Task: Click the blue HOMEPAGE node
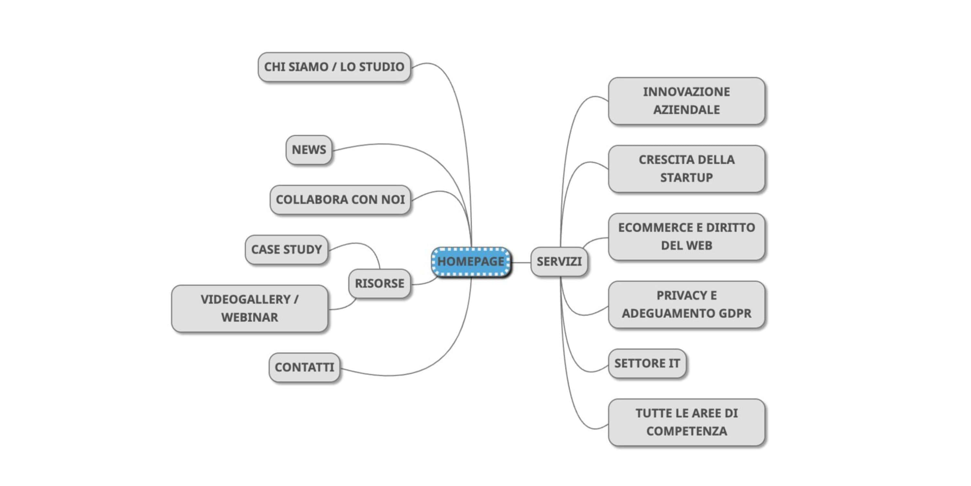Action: tap(471, 261)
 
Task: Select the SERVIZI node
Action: tap(559, 261)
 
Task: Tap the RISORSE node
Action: tap(379, 283)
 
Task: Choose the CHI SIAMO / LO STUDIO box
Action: tap(334, 67)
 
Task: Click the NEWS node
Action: tap(309, 150)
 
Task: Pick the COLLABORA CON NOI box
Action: tap(340, 200)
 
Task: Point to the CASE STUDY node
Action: tap(286, 249)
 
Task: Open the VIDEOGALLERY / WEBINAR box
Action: tap(250, 308)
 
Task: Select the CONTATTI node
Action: tap(304, 367)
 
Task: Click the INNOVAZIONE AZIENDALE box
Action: tap(686, 101)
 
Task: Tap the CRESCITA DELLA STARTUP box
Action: tap(686, 169)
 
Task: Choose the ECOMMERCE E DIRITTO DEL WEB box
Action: tap(686, 237)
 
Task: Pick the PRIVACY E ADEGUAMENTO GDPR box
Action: tap(686, 305)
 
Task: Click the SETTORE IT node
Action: tap(647, 364)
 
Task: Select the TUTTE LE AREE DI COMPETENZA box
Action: tap(686, 422)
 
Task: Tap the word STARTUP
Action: tap(686, 178)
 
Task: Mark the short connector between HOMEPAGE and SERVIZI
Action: tap(521, 262)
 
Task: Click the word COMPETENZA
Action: tap(686, 431)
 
